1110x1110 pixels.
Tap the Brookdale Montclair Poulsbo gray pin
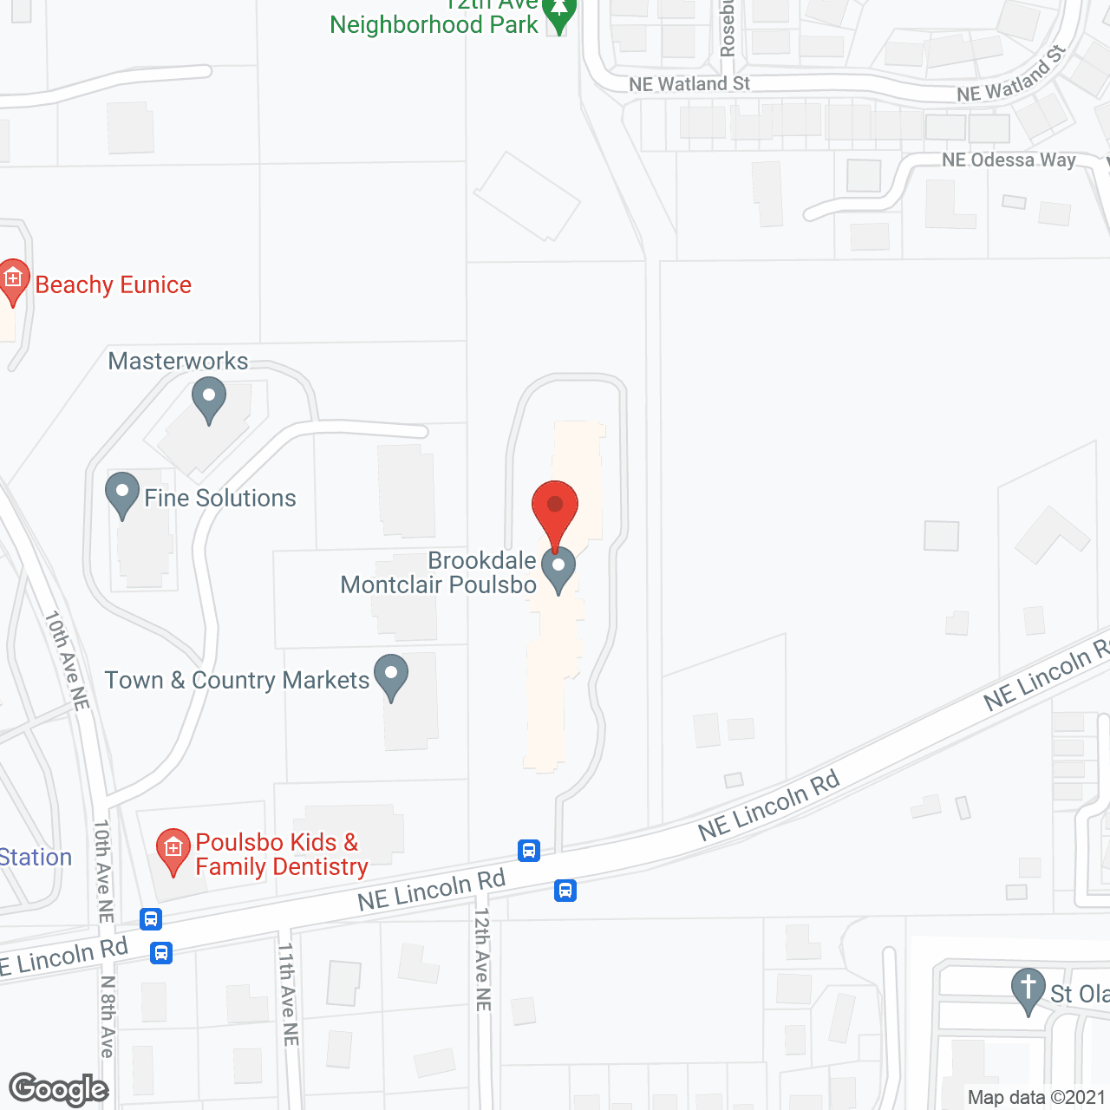click(x=558, y=569)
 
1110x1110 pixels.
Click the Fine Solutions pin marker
click(x=122, y=494)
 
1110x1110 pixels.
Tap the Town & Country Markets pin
click(x=391, y=676)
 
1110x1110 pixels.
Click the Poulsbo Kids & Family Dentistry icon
click(x=173, y=851)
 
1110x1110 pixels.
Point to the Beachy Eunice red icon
click(x=12, y=281)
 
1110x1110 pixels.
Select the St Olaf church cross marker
click(x=1028, y=990)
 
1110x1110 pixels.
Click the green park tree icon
click(x=559, y=15)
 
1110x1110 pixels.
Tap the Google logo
click(x=59, y=1089)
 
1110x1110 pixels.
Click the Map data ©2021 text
click(x=1036, y=1097)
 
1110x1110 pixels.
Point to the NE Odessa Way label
click(x=1009, y=160)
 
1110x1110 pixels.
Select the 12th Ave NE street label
click(x=482, y=959)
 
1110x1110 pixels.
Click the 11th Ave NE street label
click(x=288, y=994)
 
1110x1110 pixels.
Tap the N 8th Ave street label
click(x=108, y=1016)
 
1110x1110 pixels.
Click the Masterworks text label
click(x=178, y=361)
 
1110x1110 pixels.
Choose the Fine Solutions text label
click(x=220, y=498)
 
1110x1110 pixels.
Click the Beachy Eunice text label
click(x=114, y=284)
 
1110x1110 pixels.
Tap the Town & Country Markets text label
click(x=237, y=680)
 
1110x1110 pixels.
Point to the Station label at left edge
click(x=35, y=857)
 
